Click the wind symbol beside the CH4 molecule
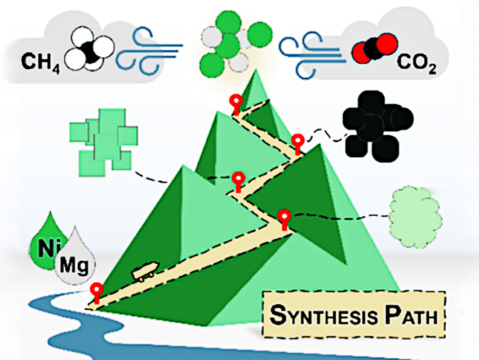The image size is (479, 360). click(147, 49)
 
